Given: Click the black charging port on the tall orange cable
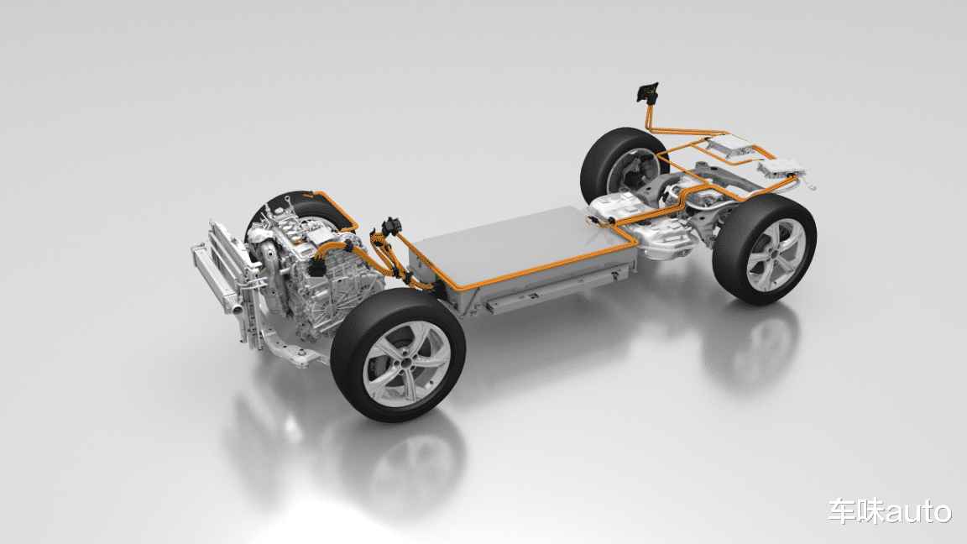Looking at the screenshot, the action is [647, 92].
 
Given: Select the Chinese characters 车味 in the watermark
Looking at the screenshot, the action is [855, 512].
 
